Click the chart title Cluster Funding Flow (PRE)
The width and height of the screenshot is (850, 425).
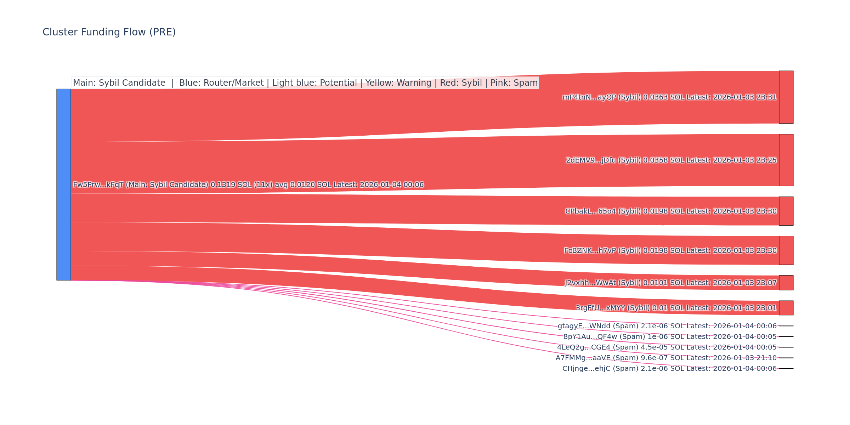pos(109,32)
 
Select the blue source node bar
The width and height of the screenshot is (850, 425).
pos(64,185)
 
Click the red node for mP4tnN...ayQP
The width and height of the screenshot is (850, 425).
pos(786,97)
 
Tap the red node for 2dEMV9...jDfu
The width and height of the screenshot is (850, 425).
pos(786,160)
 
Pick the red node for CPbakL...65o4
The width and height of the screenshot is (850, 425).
pos(786,211)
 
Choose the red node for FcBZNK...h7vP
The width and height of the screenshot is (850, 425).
pos(786,250)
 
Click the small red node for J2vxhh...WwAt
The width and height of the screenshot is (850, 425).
pos(786,283)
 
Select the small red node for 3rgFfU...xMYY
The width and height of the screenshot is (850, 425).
pos(786,308)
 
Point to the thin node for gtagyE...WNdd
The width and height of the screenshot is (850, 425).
pos(786,326)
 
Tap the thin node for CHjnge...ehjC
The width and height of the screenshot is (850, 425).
pos(786,368)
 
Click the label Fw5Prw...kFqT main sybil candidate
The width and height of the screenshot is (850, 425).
pos(248,185)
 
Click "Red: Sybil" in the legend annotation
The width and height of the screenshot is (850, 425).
pos(461,83)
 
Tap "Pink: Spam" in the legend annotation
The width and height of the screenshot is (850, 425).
pos(514,83)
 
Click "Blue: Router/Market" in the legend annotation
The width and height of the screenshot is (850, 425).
pos(221,83)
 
